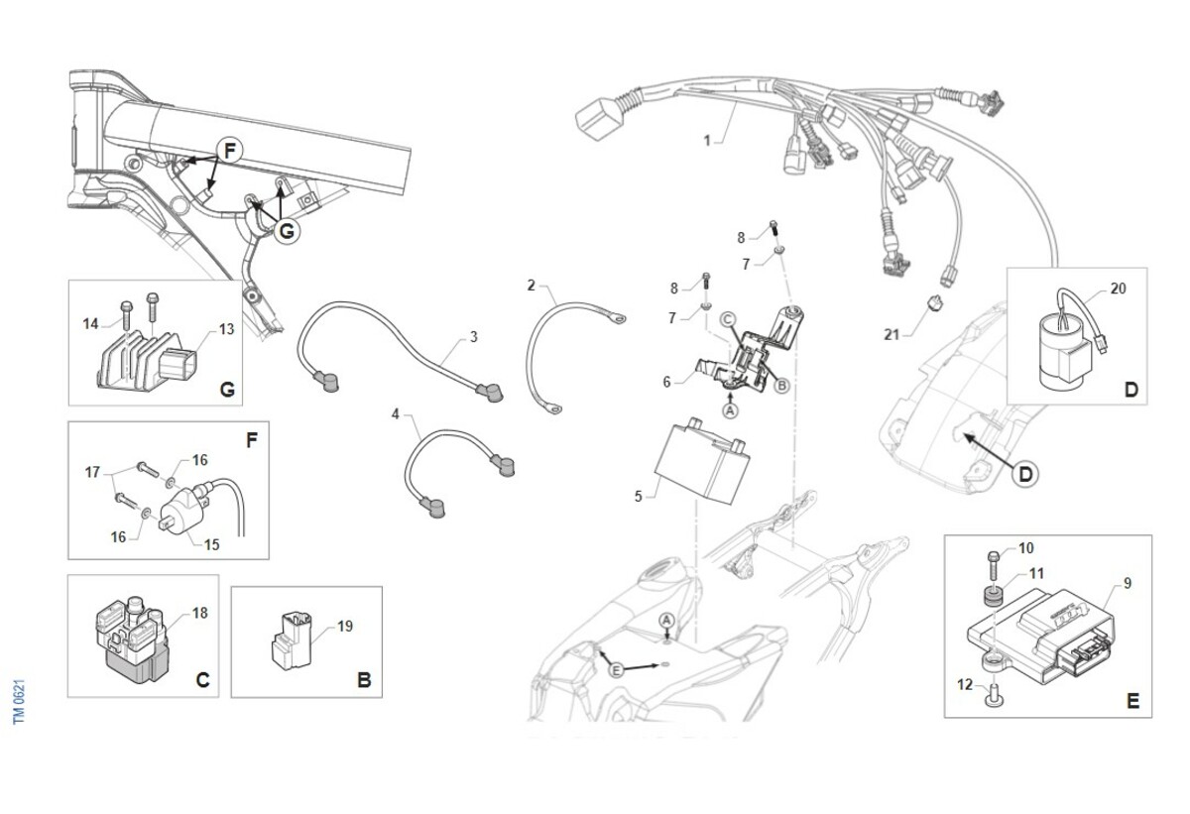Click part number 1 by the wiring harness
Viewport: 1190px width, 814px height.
[707, 141]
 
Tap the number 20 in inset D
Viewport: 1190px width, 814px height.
[1119, 288]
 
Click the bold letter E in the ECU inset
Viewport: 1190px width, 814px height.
[1132, 701]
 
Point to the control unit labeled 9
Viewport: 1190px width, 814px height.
[1041, 634]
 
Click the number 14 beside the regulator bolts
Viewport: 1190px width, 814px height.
[91, 322]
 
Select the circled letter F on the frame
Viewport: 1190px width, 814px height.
[229, 152]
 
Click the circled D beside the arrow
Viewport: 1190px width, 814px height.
[1026, 474]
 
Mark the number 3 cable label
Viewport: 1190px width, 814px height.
[474, 338]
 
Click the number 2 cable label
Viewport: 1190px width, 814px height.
[532, 286]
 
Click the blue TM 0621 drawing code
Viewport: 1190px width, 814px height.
[20, 701]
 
